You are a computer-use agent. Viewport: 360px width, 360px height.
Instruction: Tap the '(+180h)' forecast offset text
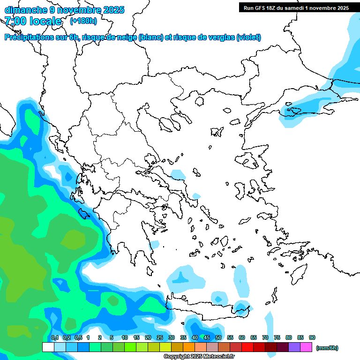pos(83,21)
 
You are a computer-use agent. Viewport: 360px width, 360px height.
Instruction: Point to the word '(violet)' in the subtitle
pos(248,37)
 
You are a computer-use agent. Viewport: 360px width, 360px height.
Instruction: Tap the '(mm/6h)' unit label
pos(327,348)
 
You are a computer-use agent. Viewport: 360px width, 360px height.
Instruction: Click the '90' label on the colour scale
pos(312,337)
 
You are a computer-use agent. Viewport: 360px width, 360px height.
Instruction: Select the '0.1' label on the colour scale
pos(54,337)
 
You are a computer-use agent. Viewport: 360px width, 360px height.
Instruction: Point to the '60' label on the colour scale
pos(242,337)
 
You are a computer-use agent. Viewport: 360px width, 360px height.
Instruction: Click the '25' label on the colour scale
pos(160,337)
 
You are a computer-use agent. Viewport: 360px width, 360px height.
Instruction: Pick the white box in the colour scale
pos(48,347)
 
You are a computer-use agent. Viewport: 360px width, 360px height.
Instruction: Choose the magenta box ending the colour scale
pos(306,347)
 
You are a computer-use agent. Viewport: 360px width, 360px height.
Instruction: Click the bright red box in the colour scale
pos(247,347)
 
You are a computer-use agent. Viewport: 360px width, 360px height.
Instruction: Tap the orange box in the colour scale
pos(188,347)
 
